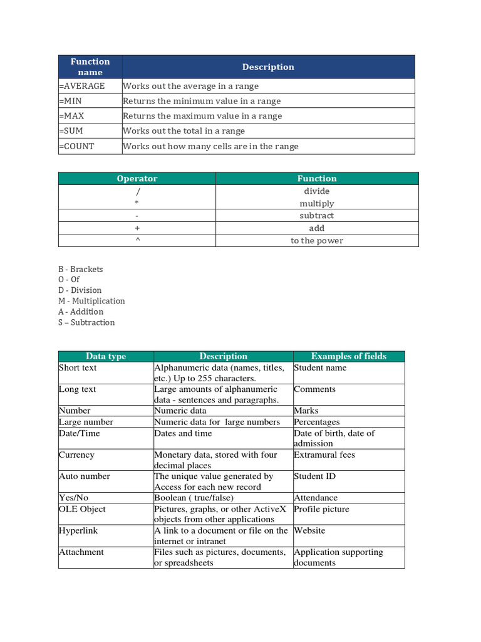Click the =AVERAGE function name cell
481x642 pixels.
(x=82, y=86)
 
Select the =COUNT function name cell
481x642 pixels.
(x=77, y=146)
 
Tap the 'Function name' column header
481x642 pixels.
(x=90, y=66)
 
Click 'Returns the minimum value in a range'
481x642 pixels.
(x=202, y=101)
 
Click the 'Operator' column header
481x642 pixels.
(x=137, y=179)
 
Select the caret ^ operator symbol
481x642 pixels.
(x=137, y=241)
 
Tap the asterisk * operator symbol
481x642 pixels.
(x=137, y=204)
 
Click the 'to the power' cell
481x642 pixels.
(x=317, y=241)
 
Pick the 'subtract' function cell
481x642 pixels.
(x=317, y=216)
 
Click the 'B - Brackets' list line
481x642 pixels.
(x=81, y=269)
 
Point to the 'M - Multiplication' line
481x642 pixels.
(x=91, y=301)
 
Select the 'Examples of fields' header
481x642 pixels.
(x=349, y=356)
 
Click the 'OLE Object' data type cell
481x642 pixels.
(x=82, y=509)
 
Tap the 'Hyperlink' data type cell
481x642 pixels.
(x=78, y=530)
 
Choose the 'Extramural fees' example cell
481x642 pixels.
(x=324, y=455)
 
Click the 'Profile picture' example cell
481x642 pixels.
(x=322, y=509)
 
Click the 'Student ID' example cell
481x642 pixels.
(x=315, y=476)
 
